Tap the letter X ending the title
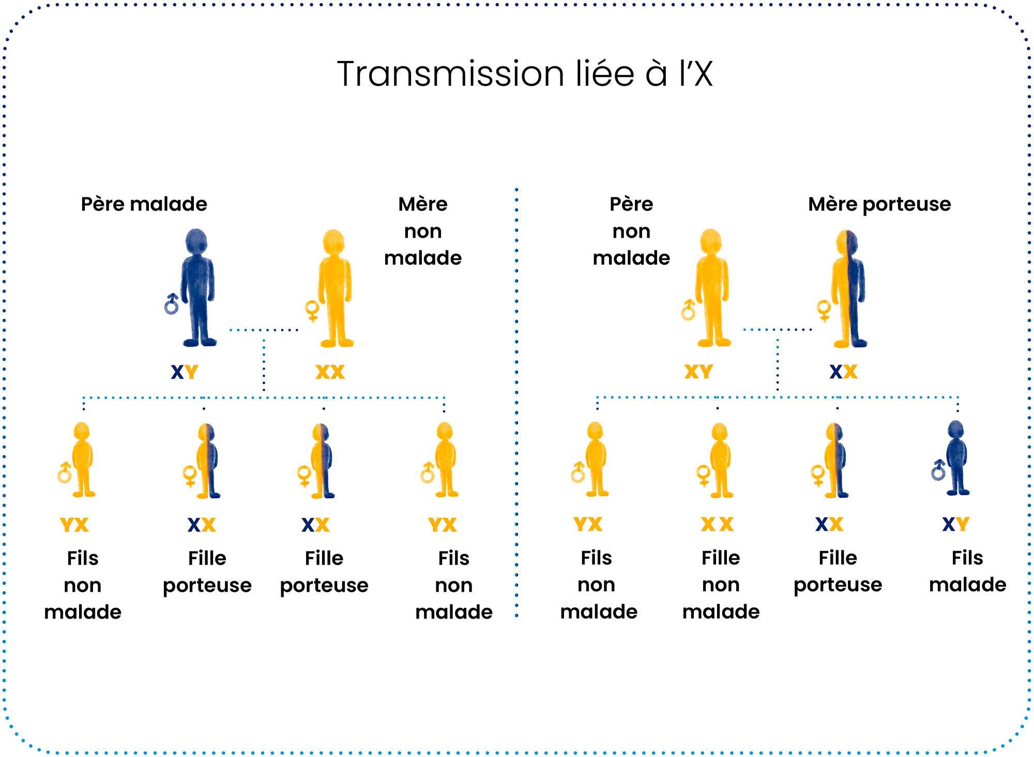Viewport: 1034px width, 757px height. (x=703, y=74)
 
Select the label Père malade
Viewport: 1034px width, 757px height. (x=144, y=204)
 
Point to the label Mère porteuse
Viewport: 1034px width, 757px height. (x=879, y=204)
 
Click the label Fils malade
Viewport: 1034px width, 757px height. (x=967, y=571)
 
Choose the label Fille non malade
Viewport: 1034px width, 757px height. (x=721, y=584)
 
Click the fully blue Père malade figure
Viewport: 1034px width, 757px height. (x=198, y=289)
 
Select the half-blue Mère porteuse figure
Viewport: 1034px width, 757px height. (x=848, y=289)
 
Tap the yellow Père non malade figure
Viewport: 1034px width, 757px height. (x=712, y=289)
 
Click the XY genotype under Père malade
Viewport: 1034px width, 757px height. (x=185, y=372)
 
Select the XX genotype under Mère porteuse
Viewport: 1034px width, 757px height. (x=843, y=372)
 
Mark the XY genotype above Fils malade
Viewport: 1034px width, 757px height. (x=955, y=524)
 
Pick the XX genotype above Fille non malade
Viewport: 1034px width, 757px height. (x=717, y=524)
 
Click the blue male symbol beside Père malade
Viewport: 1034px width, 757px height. (x=171, y=304)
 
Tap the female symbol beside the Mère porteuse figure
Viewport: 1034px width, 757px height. (x=824, y=310)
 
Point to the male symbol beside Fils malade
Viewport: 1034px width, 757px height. (x=938, y=470)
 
